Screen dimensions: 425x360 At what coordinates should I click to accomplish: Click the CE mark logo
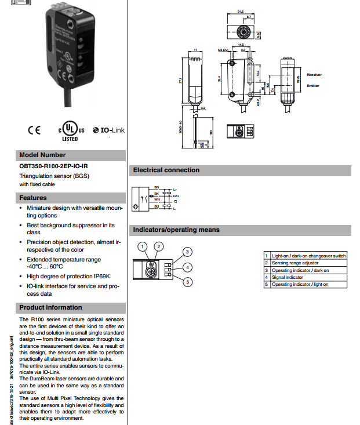tap(34, 130)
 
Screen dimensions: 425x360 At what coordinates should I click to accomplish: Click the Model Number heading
tap(42, 155)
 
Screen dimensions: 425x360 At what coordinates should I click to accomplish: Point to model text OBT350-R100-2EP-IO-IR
tap(53, 166)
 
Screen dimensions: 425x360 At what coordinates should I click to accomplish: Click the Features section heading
tap(33, 198)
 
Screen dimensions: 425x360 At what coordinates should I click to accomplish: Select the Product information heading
tap(50, 307)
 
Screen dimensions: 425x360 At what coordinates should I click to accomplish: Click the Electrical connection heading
tap(166, 170)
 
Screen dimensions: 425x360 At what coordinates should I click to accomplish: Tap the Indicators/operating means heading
tap(176, 230)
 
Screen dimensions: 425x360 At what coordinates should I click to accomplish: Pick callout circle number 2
tap(158, 246)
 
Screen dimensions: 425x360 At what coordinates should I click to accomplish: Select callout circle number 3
tap(187, 251)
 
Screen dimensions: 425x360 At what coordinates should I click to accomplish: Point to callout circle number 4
tap(187, 267)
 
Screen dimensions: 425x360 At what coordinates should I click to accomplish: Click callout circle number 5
tap(187, 282)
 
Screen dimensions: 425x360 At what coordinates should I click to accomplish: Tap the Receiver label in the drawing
tap(314, 75)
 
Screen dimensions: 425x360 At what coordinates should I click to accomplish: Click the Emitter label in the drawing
tap(313, 86)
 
